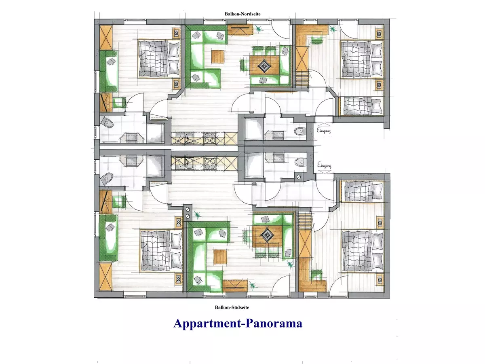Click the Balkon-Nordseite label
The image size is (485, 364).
coord(242,14)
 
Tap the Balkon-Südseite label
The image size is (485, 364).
coord(232,307)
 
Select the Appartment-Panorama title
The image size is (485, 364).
coord(238,324)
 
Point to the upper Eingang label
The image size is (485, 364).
coord(324,131)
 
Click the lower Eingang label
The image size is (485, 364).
coord(324,165)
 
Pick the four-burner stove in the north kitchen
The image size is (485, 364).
coord(210,138)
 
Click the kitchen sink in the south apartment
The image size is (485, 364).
coord(187,163)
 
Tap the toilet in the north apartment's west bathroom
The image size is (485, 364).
coord(107,123)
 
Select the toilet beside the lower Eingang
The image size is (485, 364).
coord(301,163)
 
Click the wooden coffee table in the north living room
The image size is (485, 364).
coord(218,57)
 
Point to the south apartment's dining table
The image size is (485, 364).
coord(267,236)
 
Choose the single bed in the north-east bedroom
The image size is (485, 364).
coord(361,106)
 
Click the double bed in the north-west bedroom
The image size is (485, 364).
coord(159,59)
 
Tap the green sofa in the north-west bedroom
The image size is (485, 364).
coord(108,72)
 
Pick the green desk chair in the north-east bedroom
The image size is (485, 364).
coord(317,40)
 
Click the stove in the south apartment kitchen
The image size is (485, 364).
coord(210,163)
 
